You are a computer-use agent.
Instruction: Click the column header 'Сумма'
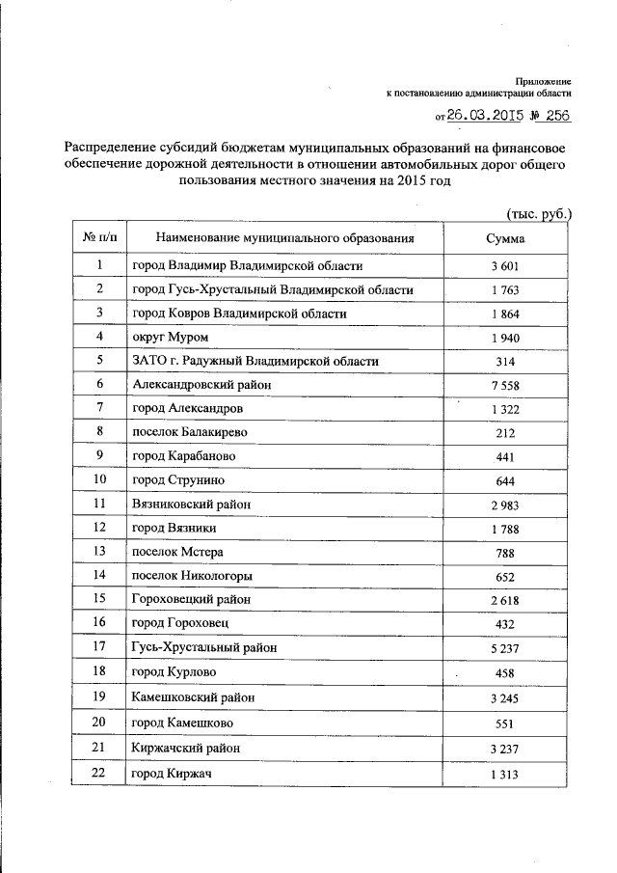click(506, 236)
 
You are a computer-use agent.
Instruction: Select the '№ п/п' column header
click(98, 236)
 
